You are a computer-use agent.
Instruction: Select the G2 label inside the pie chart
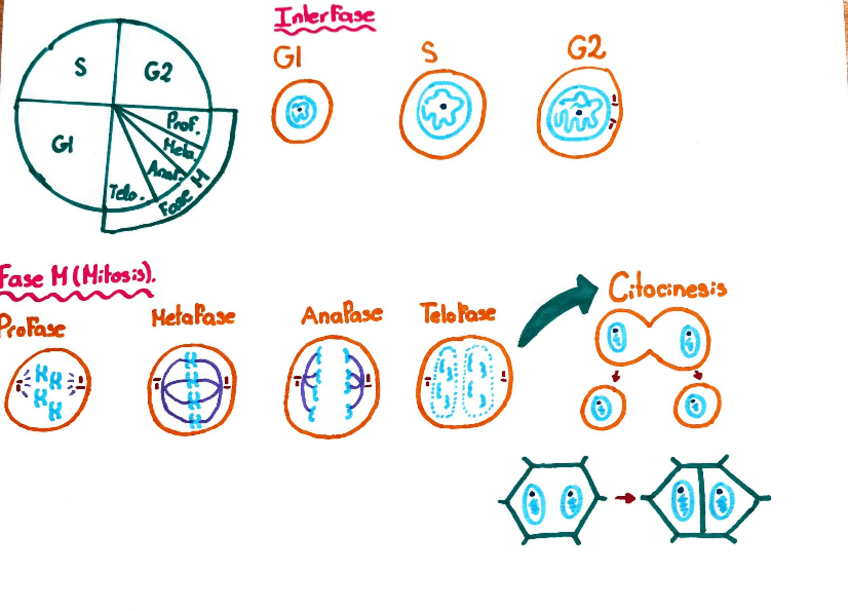coord(158,72)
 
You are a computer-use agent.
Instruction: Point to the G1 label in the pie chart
coord(62,146)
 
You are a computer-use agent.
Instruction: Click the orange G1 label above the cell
coord(289,58)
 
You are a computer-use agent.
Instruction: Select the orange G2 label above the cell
coord(586,49)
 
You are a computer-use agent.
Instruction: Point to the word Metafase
coord(193,318)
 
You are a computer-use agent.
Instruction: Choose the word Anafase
coord(341,315)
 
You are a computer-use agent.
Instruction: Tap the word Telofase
coord(457,314)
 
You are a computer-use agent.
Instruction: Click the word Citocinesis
coord(667,289)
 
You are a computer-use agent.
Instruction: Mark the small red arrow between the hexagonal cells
coord(626,496)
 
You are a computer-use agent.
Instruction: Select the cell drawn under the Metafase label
coord(193,389)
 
